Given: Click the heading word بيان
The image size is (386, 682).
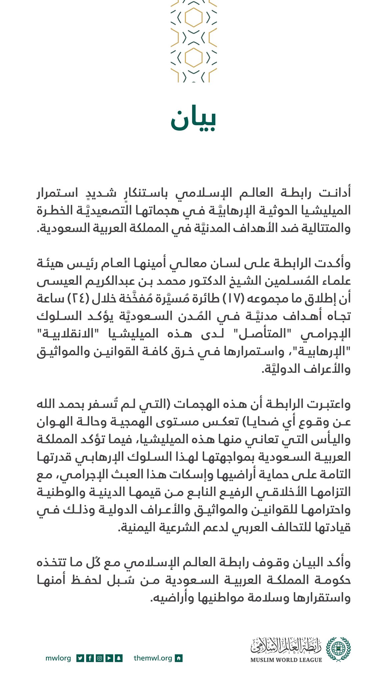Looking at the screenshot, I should pyautogui.click(x=193, y=120).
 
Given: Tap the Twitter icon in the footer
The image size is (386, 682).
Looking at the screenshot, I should pyautogui.click(x=80, y=658).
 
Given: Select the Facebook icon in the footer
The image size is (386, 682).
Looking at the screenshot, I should pyautogui.click(x=90, y=658).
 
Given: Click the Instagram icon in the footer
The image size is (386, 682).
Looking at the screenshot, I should pyautogui.click(x=99, y=658).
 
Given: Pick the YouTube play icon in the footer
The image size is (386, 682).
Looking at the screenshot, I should pyautogui.click(x=109, y=658).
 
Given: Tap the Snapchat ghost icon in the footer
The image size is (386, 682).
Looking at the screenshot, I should pyautogui.click(x=119, y=658).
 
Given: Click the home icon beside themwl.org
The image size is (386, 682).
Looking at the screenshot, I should pyautogui.click(x=179, y=658).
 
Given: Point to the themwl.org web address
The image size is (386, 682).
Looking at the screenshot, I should pyautogui.click(x=153, y=658).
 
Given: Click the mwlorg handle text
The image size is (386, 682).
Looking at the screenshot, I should pyautogui.click(x=58, y=658).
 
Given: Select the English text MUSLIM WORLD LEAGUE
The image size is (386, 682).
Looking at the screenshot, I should pyautogui.click(x=286, y=660).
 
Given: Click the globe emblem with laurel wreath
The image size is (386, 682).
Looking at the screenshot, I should pyautogui.click(x=338, y=649).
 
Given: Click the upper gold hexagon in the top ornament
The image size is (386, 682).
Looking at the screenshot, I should pyautogui.click(x=194, y=18).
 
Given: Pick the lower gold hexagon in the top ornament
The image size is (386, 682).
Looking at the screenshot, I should pyautogui.click(x=194, y=57).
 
